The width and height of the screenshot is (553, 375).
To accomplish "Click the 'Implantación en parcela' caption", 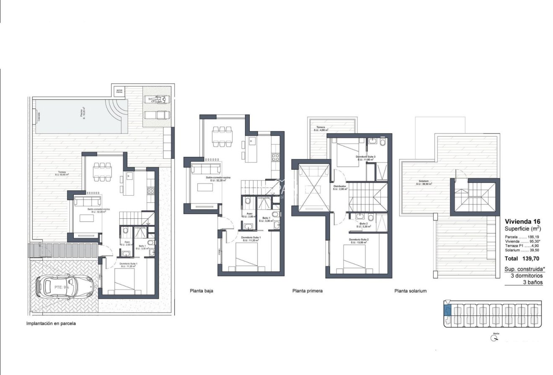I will pos(51,323).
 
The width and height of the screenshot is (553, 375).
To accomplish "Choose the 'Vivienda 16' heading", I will pos(522,222).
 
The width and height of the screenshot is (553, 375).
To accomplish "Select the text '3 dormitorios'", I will pos(527,276).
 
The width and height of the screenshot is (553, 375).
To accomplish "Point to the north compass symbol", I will pos(494,338).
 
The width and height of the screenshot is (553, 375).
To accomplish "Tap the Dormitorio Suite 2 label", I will pos(359,241).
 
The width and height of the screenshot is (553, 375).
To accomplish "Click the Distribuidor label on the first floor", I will pos(339,187).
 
